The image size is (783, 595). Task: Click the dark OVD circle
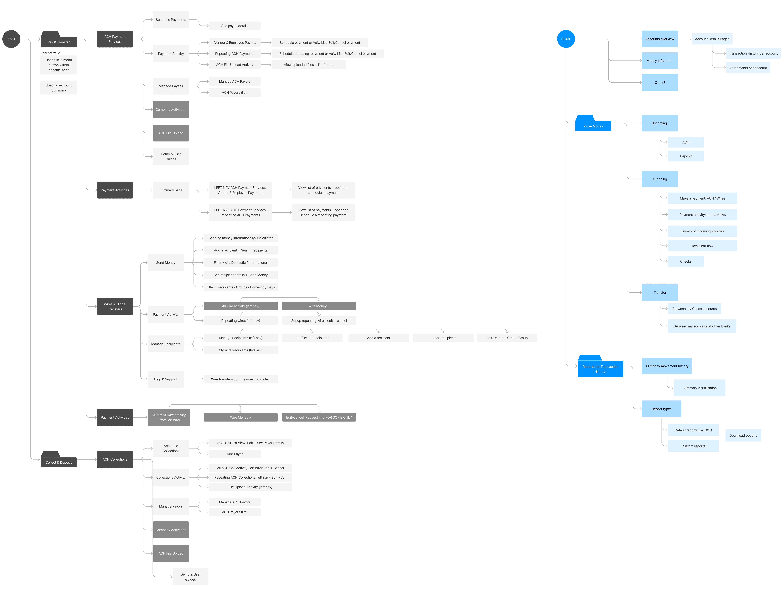tap(11, 39)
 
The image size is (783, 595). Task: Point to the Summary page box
tap(171, 190)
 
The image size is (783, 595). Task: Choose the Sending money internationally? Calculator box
tap(240, 238)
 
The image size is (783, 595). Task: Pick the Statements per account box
tap(748, 68)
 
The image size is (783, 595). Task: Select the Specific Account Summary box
tap(58, 88)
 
